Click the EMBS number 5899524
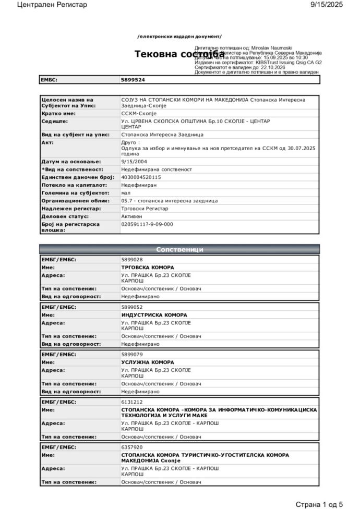coord(133,80)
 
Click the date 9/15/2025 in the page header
coord(327,5)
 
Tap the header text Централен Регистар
coord(52,5)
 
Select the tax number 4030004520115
coord(141,177)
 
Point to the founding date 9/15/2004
coord(133,162)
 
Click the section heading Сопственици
coord(179,249)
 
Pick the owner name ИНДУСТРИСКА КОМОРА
coord(154,315)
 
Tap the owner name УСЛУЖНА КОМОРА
coord(148,362)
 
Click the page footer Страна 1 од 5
coord(319,504)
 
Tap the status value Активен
coord(133,216)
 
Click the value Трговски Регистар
coord(145,208)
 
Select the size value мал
coord(126,192)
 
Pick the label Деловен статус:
coord(65,216)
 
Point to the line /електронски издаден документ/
coord(179,37)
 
